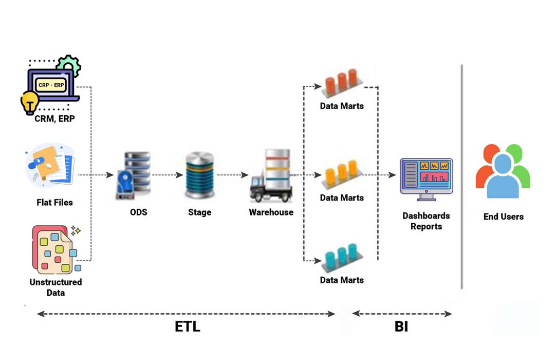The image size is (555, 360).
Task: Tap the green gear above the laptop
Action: (68, 65)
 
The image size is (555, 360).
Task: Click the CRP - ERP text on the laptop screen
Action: (51, 84)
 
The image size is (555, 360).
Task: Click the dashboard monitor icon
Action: (426, 176)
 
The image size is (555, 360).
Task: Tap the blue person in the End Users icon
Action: (503, 177)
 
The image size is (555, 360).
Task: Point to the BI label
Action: (401, 327)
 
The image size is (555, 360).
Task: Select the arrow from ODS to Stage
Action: (167, 175)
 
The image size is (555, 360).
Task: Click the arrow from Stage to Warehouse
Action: (233, 175)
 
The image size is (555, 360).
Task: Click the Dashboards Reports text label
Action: (426, 221)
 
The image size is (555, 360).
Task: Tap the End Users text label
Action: (503, 217)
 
